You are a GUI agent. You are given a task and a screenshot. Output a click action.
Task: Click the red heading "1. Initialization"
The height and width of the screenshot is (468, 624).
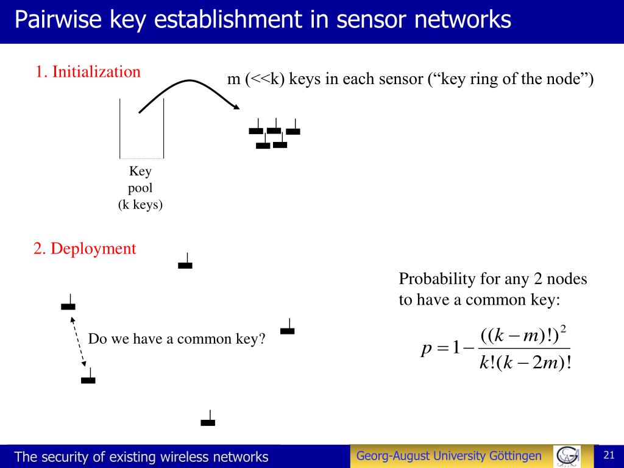click(x=88, y=72)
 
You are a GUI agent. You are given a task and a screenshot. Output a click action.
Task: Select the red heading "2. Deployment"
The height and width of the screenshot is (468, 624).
click(x=85, y=249)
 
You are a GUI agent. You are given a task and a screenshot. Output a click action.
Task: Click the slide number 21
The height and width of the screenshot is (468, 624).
click(x=608, y=455)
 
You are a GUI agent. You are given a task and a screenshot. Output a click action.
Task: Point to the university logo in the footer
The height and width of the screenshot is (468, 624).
click(x=567, y=456)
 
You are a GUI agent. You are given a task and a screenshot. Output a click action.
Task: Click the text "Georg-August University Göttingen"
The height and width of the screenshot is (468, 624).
click(x=448, y=456)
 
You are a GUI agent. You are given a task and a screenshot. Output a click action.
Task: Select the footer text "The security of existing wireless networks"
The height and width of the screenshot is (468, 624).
click(x=141, y=457)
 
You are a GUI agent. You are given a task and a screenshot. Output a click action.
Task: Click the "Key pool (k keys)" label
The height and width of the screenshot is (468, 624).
click(x=140, y=188)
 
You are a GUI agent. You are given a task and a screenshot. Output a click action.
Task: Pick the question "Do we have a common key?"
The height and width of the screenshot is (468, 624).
click(x=177, y=339)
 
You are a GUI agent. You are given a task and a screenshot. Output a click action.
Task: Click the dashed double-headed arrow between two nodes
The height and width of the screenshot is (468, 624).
click(x=78, y=342)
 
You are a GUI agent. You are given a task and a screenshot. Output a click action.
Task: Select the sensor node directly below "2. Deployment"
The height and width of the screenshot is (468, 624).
click(x=185, y=263)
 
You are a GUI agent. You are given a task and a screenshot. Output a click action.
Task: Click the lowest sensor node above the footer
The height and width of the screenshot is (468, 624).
click(x=208, y=420)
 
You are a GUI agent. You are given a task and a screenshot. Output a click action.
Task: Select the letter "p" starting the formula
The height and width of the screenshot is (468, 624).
click(x=426, y=350)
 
